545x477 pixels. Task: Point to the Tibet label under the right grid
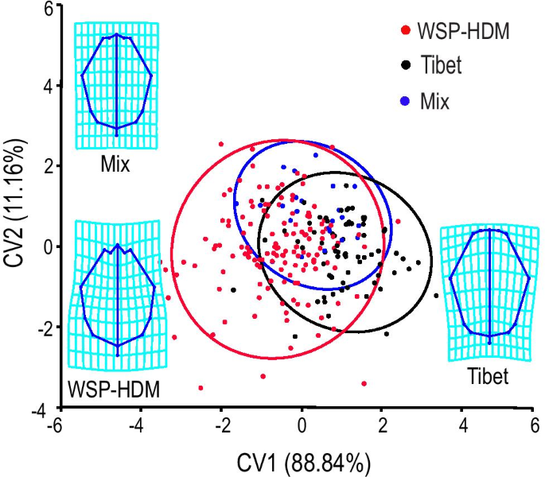487,376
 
